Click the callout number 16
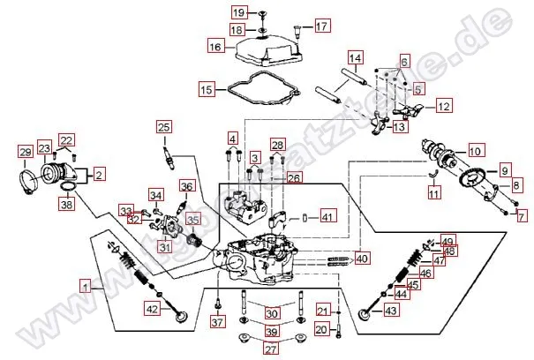coord(214,45)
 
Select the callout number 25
coord(163,128)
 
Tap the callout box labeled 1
coord(86,286)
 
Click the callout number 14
coord(354,59)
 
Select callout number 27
coord(271,349)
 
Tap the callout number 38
coord(66,204)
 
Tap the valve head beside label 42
coord(183,316)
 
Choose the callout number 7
coord(521,214)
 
